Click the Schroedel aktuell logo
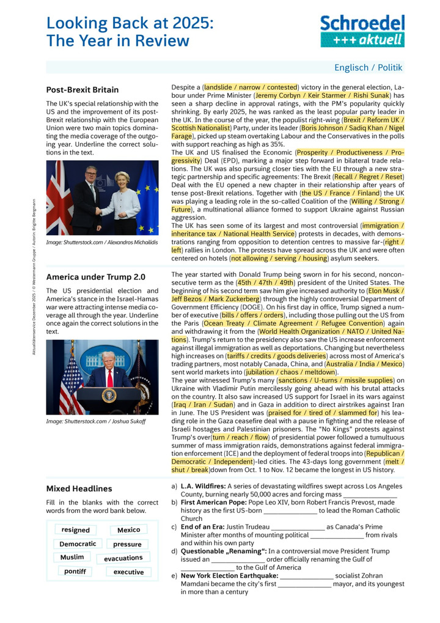tap(362, 31)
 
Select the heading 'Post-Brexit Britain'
tap(82, 90)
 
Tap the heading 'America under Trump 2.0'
tap(96, 277)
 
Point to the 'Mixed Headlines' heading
tap(79, 488)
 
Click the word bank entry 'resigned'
tap(76, 530)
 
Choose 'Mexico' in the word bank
tap(128, 530)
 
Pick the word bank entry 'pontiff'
tap(75, 572)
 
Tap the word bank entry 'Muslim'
tap(72, 558)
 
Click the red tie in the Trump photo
tap(109, 378)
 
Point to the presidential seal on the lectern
tap(109, 396)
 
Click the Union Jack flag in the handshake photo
tap(59, 199)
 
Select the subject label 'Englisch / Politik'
tap(368, 68)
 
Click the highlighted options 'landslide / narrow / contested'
tap(251, 87)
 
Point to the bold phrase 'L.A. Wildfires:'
tap(205, 486)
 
